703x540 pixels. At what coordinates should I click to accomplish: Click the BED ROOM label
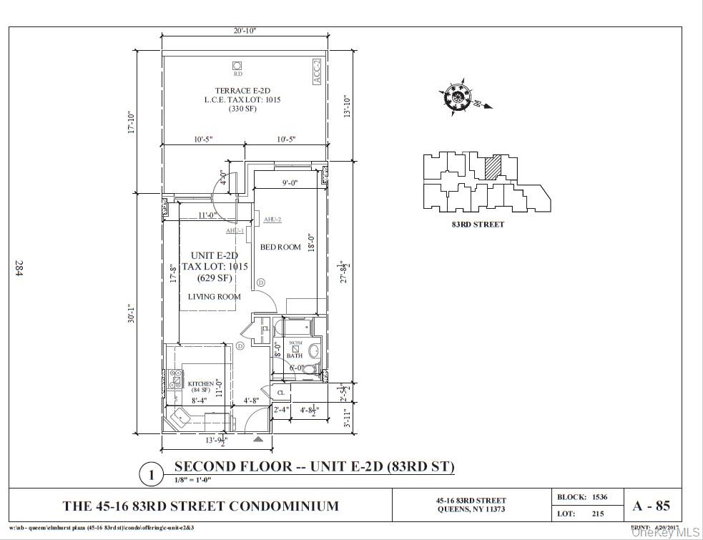click(x=280, y=247)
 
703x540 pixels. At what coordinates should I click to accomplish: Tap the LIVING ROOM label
click(x=214, y=296)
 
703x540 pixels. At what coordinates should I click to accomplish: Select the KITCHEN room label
click(x=200, y=384)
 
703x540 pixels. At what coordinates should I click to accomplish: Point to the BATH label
click(x=295, y=355)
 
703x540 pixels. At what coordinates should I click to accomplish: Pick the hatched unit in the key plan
click(x=492, y=167)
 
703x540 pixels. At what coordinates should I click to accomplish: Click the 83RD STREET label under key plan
click(x=478, y=225)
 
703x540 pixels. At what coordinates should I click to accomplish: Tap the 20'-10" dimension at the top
click(x=244, y=30)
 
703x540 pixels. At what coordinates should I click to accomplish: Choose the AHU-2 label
click(x=272, y=220)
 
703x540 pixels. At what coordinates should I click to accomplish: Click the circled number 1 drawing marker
click(x=151, y=474)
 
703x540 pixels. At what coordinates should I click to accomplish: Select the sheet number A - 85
click(x=651, y=506)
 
